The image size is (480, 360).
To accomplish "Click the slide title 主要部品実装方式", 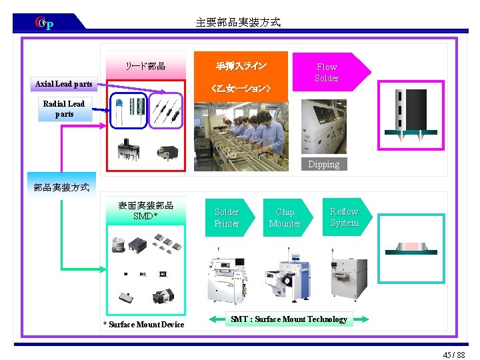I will (x=238, y=23).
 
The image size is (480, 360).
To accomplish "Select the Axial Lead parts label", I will (x=64, y=85).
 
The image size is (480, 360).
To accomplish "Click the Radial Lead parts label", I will (x=64, y=109).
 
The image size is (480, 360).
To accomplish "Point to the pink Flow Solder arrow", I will (x=329, y=72).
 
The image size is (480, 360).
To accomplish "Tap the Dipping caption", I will (x=323, y=164).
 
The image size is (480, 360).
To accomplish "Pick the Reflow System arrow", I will (x=345, y=217).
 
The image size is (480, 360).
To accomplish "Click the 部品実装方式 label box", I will (x=61, y=187).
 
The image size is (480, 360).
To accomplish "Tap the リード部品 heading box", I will (x=145, y=66).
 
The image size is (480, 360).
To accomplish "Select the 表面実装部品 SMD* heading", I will (x=145, y=211).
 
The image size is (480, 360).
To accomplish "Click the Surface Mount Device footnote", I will (x=143, y=325).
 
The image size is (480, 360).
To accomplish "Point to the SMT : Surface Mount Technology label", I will (x=289, y=319).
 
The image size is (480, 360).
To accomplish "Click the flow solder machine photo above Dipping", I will (x=323, y=127).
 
